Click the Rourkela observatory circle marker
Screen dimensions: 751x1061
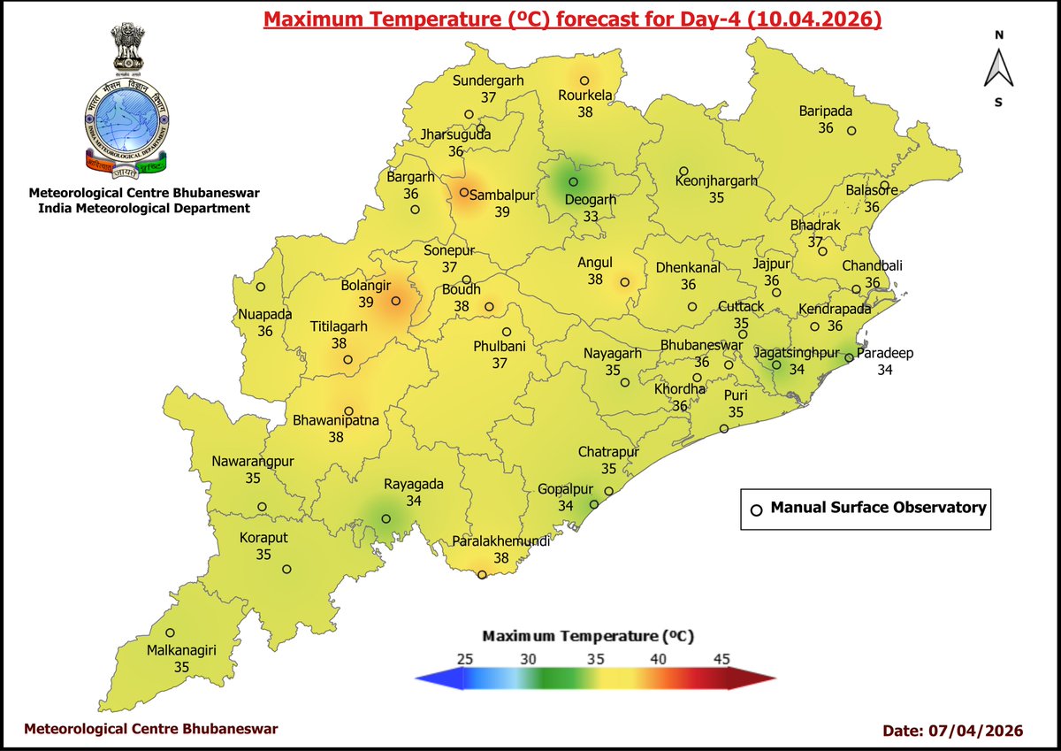(584, 80)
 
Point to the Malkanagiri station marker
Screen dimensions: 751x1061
(170, 632)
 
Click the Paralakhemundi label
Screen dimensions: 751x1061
(500, 541)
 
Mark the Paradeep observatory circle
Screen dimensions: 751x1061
(848, 358)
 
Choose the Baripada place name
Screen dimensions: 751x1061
(826, 111)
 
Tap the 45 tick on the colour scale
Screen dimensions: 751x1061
(721, 659)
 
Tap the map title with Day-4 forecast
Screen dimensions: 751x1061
(573, 19)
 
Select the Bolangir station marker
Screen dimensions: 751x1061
(395, 301)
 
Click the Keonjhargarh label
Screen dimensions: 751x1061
(716, 180)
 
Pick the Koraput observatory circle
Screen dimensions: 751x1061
(286, 569)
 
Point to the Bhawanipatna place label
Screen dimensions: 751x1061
(336, 421)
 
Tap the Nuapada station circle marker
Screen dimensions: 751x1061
(261, 287)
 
